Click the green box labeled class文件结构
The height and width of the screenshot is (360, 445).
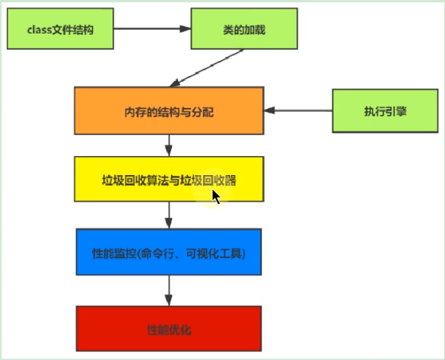coord(62,30)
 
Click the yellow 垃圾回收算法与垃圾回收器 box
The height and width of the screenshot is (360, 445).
coord(169,180)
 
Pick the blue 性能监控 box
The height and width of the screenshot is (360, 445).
coord(169,252)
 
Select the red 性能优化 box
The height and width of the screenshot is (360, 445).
coord(169,330)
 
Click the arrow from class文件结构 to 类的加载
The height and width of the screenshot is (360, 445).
coord(153,30)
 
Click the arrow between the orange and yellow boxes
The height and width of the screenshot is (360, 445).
coord(169,145)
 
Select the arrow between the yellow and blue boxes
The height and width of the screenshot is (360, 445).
coord(169,215)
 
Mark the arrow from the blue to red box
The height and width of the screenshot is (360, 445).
coord(169,290)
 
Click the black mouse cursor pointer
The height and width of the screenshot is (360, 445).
coord(216,196)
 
